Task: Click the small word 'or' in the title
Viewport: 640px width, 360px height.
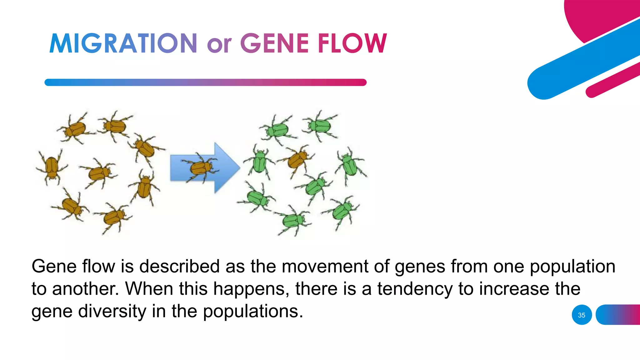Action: coord(219,44)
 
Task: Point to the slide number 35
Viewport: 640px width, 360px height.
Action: coord(582,315)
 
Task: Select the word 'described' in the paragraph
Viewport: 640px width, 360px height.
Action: coord(179,266)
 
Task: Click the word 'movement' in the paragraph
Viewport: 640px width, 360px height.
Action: coord(325,266)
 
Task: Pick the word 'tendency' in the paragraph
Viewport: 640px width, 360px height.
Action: coord(415,289)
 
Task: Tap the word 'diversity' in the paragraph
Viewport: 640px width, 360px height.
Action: coord(112,311)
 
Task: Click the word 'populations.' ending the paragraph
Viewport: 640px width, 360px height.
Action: coord(253,312)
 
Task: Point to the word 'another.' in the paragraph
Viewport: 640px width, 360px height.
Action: coord(85,289)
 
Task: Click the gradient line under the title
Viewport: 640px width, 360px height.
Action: coord(205,82)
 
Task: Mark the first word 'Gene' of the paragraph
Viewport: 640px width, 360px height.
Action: coord(54,266)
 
